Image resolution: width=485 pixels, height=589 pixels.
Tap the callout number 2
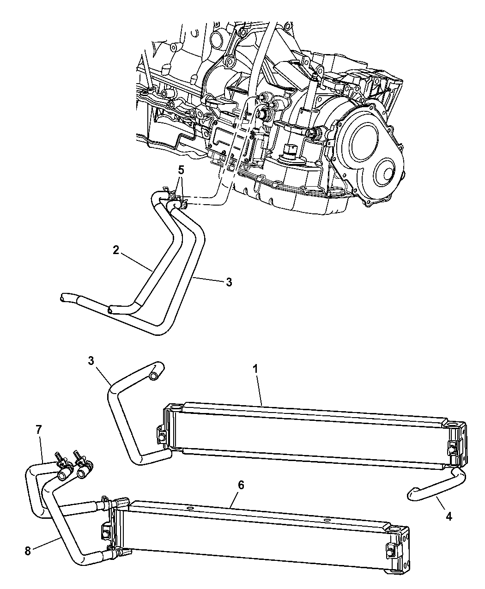pos(116,250)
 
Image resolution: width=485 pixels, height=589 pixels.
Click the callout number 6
pos(241,485)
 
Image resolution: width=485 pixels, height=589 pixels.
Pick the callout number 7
pos(38,430)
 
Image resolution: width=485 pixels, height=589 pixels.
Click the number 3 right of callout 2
pos(229,282)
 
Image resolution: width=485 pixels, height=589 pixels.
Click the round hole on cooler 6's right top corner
pos(396,530)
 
